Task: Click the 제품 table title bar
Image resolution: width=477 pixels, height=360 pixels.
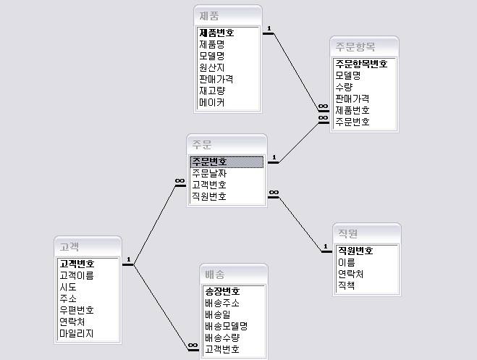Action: [227, 15]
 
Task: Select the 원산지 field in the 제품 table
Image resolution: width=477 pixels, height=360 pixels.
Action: [212, 67]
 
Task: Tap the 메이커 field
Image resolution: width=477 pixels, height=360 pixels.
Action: [212, 103]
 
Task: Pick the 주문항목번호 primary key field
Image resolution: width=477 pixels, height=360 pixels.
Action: [361, 64]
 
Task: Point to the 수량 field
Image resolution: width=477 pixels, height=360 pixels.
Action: [344, 87]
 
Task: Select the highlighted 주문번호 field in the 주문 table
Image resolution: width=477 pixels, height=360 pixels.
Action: [210, 162]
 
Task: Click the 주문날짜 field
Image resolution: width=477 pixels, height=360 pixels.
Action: [210, 173]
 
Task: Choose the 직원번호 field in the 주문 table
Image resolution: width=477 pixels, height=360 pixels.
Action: [210, 196]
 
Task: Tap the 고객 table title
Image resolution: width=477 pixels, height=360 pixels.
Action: [88, 246]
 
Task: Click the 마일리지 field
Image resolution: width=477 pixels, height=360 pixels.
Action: [77, 334]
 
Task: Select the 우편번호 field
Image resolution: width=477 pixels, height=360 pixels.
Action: [77, 310]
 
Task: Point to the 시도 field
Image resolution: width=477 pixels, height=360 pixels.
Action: [68, 287]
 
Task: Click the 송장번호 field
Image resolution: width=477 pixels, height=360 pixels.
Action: [222, 291]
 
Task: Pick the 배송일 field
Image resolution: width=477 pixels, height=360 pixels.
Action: [218, 314]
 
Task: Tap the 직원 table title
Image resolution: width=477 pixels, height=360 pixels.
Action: [366, 233]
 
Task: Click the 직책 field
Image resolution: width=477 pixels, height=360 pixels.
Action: [346, 286]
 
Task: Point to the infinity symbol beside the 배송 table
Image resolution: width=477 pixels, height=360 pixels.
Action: [193, 346]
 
